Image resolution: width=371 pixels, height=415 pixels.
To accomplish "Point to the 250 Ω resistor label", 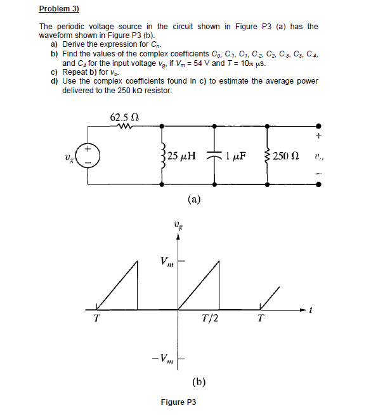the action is pos(286,155).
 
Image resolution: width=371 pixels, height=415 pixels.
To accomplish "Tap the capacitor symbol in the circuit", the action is pos(215,155).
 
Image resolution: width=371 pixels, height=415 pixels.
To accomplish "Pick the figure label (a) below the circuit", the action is pos(195,200).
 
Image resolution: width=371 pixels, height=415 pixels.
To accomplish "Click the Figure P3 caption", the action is pos(182,402).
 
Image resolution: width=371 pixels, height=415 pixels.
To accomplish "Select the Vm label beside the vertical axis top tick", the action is pos(166,260).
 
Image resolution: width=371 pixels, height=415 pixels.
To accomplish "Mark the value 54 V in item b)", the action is pos(203,64).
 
